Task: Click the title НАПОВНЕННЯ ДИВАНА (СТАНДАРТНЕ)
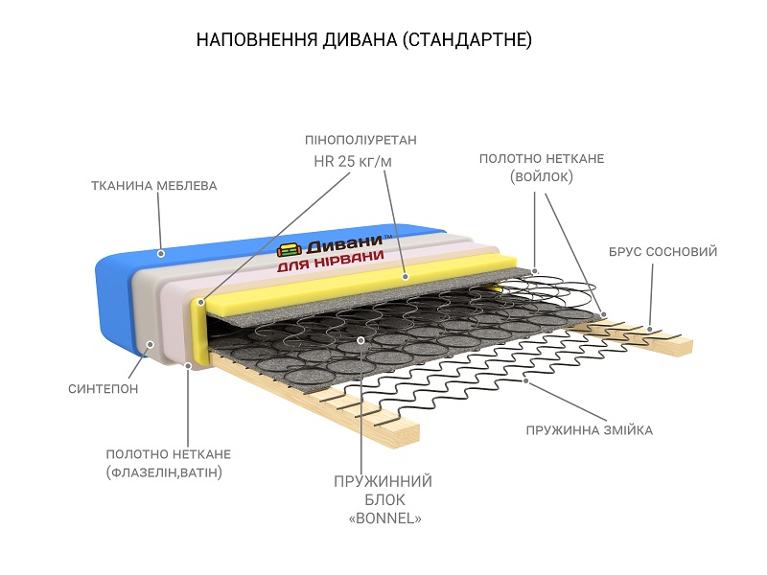point(363,40)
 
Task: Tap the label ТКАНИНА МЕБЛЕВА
point(153,185)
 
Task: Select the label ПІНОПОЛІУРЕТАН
point(360,140)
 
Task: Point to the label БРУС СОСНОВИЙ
point(662,252)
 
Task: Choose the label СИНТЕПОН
point(103,389)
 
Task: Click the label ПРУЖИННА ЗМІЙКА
point(589,430)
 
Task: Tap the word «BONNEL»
point(383,518)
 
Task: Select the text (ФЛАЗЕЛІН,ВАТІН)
point(169,472)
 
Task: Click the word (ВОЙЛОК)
point(542,176)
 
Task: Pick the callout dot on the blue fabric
point(161,254)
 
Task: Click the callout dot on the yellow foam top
point(406,276)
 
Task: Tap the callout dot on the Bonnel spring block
point(360,340)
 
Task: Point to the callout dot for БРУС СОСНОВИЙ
point(649,330)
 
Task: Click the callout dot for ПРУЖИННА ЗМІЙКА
point(526,380)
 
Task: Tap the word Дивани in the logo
point(340,244)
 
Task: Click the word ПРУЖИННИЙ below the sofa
point(383,481)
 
